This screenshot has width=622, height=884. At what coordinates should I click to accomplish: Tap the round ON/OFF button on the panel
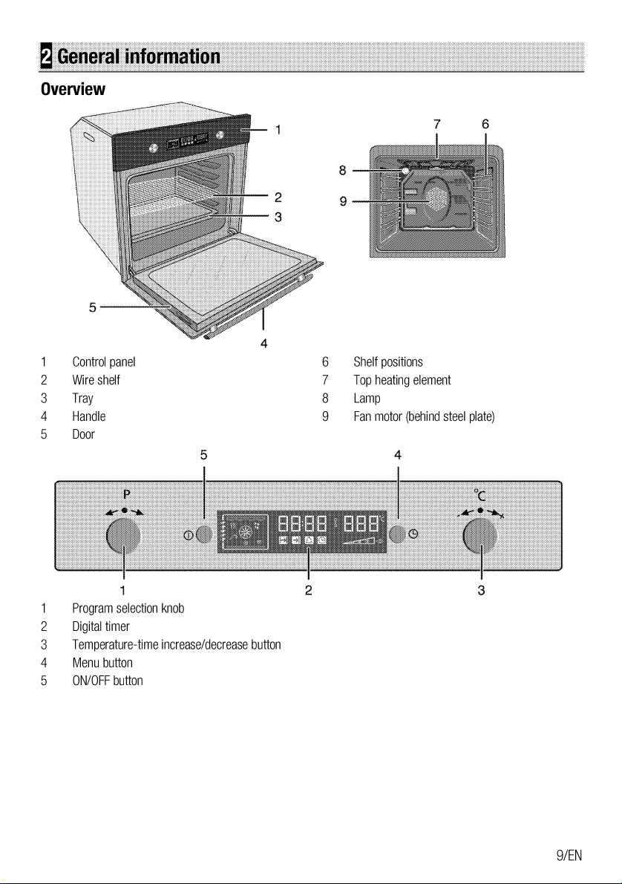click(x=205, y=534)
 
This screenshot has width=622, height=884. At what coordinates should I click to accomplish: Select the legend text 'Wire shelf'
click(x=96, y=381)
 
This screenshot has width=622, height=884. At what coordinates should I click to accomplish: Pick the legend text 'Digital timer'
click(x=100, y=627)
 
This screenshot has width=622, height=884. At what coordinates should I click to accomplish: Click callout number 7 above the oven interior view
click(x=436, y=124)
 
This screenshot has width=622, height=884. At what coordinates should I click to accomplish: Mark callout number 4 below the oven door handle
click(x=263, y=344)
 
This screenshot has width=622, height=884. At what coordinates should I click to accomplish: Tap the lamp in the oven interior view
click(x=405, y=171)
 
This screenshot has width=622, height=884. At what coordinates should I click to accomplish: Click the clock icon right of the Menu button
click(x=413, y=534)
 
